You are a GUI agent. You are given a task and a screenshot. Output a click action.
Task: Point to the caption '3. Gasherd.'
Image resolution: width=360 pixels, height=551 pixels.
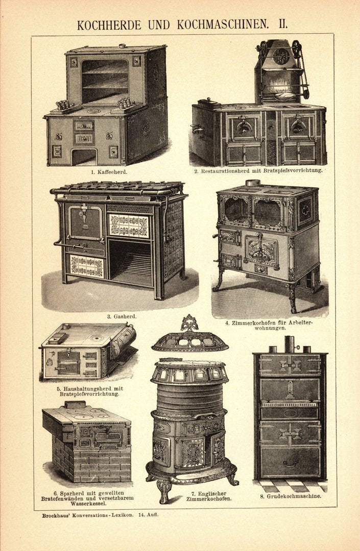[x=122, y=316]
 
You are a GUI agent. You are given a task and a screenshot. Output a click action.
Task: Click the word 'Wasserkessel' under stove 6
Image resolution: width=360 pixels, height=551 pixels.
[x=86, y=503]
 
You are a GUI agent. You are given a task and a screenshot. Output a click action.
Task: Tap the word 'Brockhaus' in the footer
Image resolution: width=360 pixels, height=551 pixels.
[x=60, y=515]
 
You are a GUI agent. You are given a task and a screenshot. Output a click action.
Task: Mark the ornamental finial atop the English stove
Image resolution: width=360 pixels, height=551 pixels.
[x=189, y=323]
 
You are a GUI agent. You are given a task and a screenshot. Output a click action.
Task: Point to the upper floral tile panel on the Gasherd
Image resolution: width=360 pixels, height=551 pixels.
[x=129, y=226]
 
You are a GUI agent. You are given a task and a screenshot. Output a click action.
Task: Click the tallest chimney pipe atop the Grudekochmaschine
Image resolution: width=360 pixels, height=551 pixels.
[x=290, y=344]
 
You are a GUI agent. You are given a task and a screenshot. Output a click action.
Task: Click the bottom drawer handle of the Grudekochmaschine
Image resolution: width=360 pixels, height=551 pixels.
[x=290, y=463]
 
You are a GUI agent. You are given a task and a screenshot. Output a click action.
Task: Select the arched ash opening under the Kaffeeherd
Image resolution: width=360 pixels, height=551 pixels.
[x=84, y=157]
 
